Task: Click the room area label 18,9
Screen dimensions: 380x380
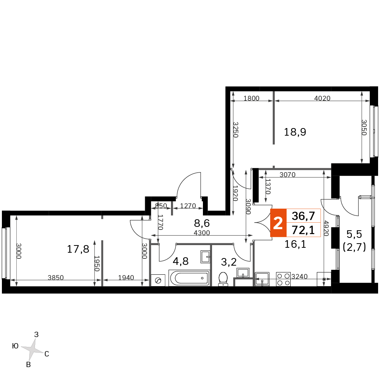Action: point(295,132)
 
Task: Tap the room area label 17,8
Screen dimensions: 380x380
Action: point(78,249)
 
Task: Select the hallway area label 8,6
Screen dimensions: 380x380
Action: point(202,223)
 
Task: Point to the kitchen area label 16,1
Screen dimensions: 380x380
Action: point(295,244)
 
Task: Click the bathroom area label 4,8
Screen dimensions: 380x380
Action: point(180,261)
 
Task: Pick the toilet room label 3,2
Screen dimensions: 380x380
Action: point(229,262)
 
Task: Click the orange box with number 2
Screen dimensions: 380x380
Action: point(278,223)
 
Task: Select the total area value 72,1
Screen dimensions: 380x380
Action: point(303,230)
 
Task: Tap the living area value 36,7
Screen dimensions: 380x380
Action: point(303,216)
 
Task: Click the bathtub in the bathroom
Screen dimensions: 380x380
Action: point(189,278)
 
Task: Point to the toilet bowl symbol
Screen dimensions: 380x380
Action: point(223,279)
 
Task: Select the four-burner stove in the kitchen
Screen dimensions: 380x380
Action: point(283,279)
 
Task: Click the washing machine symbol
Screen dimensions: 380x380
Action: point(158,280)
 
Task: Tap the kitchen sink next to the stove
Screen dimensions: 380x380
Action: point(262,279)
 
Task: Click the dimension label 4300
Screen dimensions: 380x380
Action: point(202,233)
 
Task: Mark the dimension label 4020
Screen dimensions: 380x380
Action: point(322,98)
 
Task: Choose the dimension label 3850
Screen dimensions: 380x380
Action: point(55,277)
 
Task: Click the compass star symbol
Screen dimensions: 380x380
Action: point(33,349)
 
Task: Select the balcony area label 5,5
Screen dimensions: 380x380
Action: point(354,234)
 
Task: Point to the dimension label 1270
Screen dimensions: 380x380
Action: point(188,206)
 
